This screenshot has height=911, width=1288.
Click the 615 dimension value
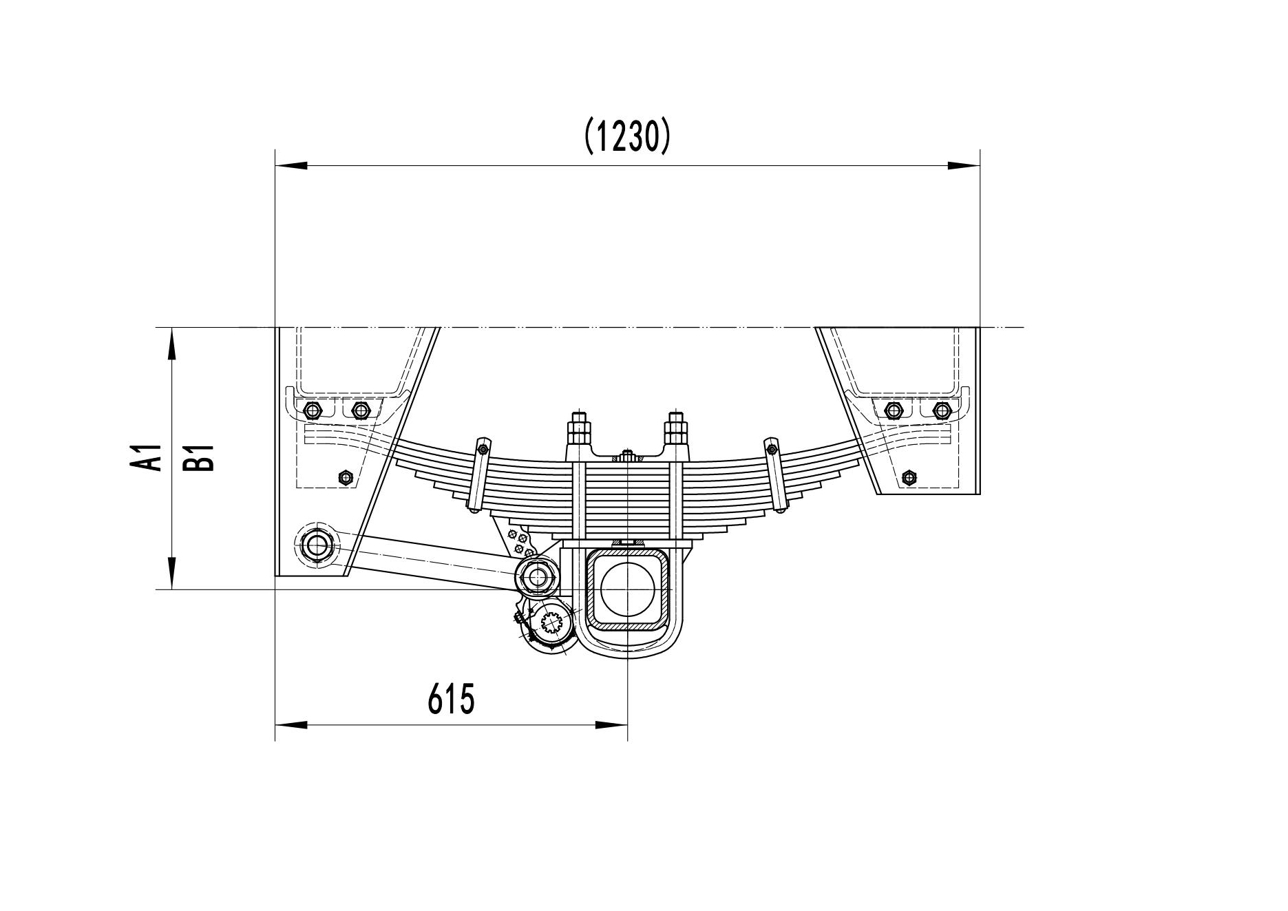click(452, 700)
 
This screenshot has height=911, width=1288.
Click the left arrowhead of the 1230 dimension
click(291, 166)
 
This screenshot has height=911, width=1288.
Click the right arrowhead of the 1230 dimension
click(964, 166)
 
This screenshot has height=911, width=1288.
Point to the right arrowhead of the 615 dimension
click(611, 725)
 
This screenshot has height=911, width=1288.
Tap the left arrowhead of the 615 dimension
click(291, 725)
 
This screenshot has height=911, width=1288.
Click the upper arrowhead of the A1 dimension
click(171, 344)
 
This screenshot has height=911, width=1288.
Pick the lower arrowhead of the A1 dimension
click(171, 573)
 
